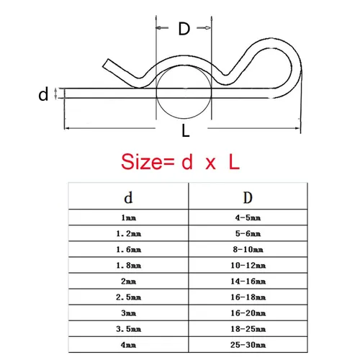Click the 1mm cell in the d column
128,217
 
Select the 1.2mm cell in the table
128,233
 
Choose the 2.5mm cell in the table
128,297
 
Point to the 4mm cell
128,345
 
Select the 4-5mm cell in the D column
248,217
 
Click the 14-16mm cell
248,282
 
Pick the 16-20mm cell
248,313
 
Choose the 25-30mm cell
248,345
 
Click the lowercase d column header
128,197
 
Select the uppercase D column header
248,197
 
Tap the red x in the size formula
210,163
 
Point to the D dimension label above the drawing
184,29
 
